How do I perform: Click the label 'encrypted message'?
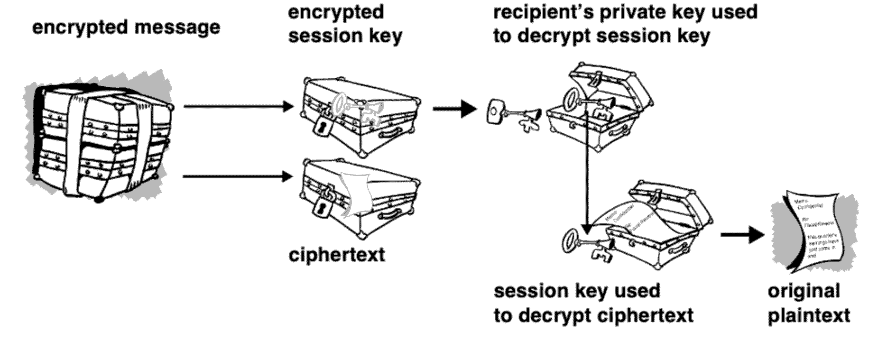coord(126,27)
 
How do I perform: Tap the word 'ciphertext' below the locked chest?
coord(337,255)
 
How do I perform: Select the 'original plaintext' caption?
coord(808,303)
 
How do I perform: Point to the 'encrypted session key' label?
coord(345,24)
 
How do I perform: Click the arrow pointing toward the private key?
coord(454,110)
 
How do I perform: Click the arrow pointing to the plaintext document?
coord(742,234)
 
